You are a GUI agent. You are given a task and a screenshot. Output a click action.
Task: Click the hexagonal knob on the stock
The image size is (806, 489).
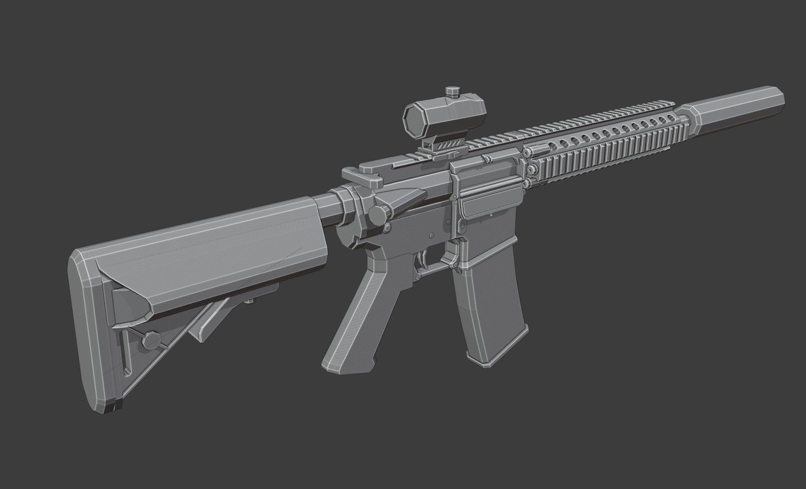[150, 339]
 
